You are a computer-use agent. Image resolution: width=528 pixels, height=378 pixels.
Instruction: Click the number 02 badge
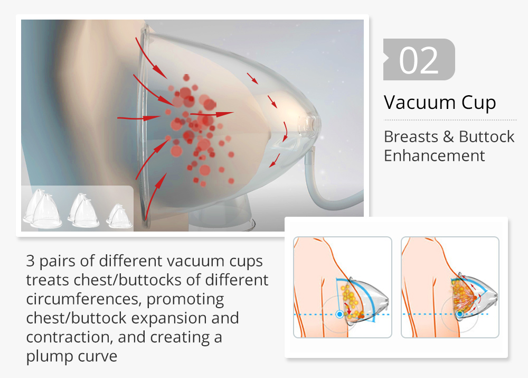[x=419, y=60]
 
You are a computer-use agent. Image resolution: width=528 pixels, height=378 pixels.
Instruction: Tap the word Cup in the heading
[x=479, y=103]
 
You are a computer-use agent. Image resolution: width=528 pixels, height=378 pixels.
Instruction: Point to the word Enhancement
[x=435, y=156]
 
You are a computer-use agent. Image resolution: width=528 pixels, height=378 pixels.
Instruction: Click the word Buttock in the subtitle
[x=487, y=136]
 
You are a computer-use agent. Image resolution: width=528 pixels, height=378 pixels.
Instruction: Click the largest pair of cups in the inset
[x=42, y=209]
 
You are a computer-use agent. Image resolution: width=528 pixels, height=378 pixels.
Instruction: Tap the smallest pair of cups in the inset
[x=119, y=216]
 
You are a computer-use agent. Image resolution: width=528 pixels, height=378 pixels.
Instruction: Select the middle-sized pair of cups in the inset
[x=83, y=210]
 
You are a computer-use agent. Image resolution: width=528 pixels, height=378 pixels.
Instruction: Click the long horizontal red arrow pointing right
[x=212, y=114]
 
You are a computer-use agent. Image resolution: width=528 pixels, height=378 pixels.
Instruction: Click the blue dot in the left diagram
[x=340, y=314]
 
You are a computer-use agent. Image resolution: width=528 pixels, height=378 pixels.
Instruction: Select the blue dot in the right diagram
[x=460, y=314]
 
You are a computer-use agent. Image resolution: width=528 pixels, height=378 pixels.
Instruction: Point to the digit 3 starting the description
[x=30, y=261]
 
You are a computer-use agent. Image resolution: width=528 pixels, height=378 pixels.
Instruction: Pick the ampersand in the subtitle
[x=448, y=137]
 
